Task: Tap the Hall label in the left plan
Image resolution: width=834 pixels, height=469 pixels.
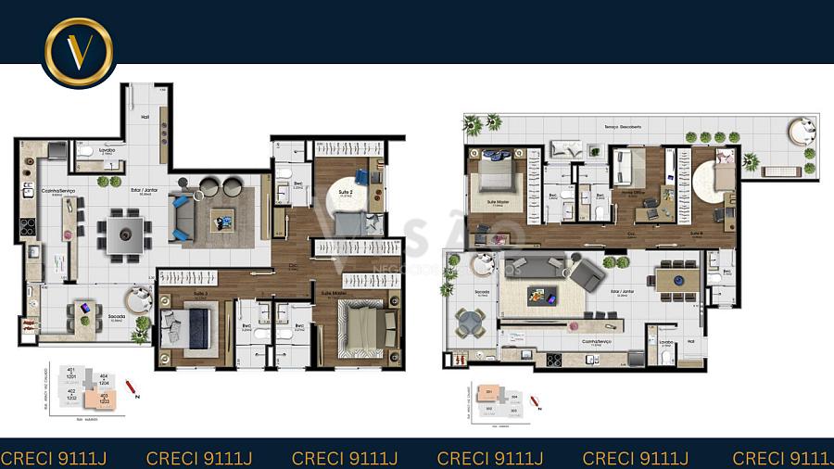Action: [x=145, y=117]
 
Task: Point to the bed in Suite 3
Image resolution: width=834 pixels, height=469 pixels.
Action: [x=191, y=327]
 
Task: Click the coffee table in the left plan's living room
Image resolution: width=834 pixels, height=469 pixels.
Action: [x=223, y=219]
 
